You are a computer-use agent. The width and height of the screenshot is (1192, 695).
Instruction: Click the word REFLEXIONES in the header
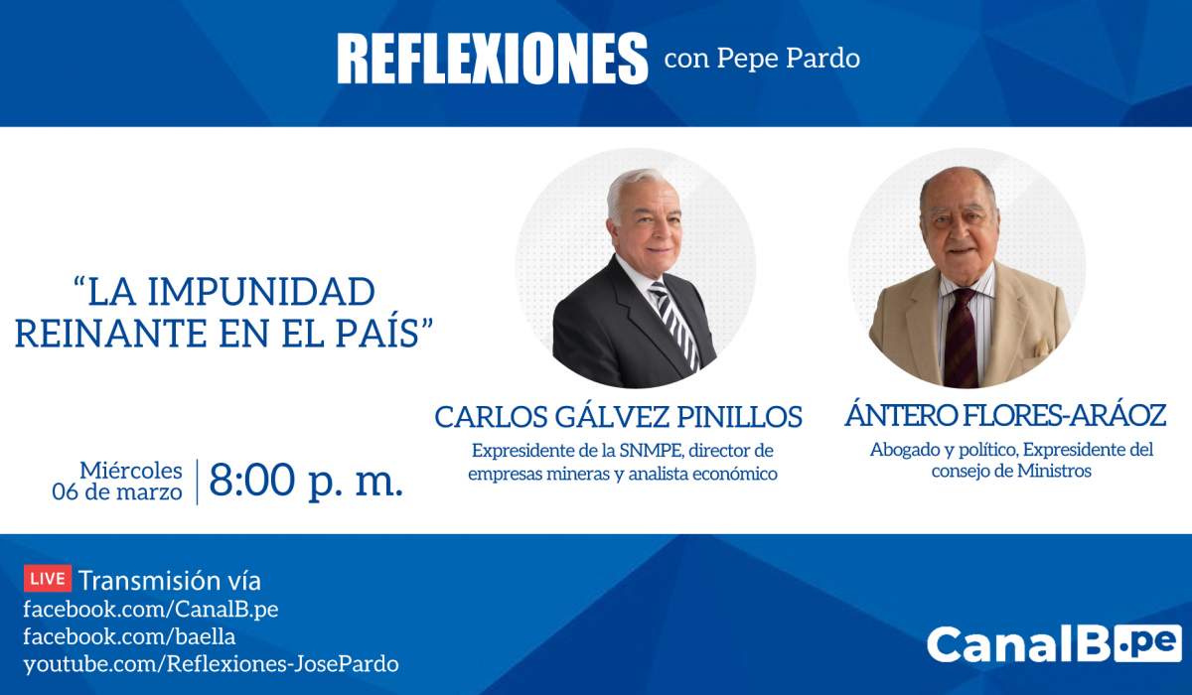tap(493, 58)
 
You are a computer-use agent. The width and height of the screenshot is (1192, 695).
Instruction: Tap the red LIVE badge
tap(48, 579)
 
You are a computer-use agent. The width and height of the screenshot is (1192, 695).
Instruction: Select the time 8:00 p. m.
tap(306, 482)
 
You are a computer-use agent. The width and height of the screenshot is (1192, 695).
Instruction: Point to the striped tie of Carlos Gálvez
tap(675, 326)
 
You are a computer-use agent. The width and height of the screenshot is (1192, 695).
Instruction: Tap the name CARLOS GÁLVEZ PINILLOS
tap(618, 416)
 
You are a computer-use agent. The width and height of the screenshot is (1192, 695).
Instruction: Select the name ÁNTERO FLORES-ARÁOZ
tap(1005, 415)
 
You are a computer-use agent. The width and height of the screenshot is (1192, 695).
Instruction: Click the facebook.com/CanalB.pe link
tap(151, 610)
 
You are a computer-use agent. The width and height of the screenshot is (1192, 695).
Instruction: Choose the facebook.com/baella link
tap(129, 636)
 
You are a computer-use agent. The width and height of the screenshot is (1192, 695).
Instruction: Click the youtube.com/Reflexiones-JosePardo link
tap(212, 664)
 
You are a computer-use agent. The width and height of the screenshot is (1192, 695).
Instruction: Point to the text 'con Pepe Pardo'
tap(762, 58)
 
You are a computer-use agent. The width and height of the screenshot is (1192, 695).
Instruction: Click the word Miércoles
tap(131, 471)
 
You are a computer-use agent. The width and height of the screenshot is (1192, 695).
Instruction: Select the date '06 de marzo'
tap(117, 491)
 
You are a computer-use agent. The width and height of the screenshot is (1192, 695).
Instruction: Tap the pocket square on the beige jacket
tap(1040, 348)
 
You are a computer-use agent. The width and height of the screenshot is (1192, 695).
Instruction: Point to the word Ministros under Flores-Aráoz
tap(1054, 472)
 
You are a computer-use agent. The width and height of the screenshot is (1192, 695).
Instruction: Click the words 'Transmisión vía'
tap(170, 580)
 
